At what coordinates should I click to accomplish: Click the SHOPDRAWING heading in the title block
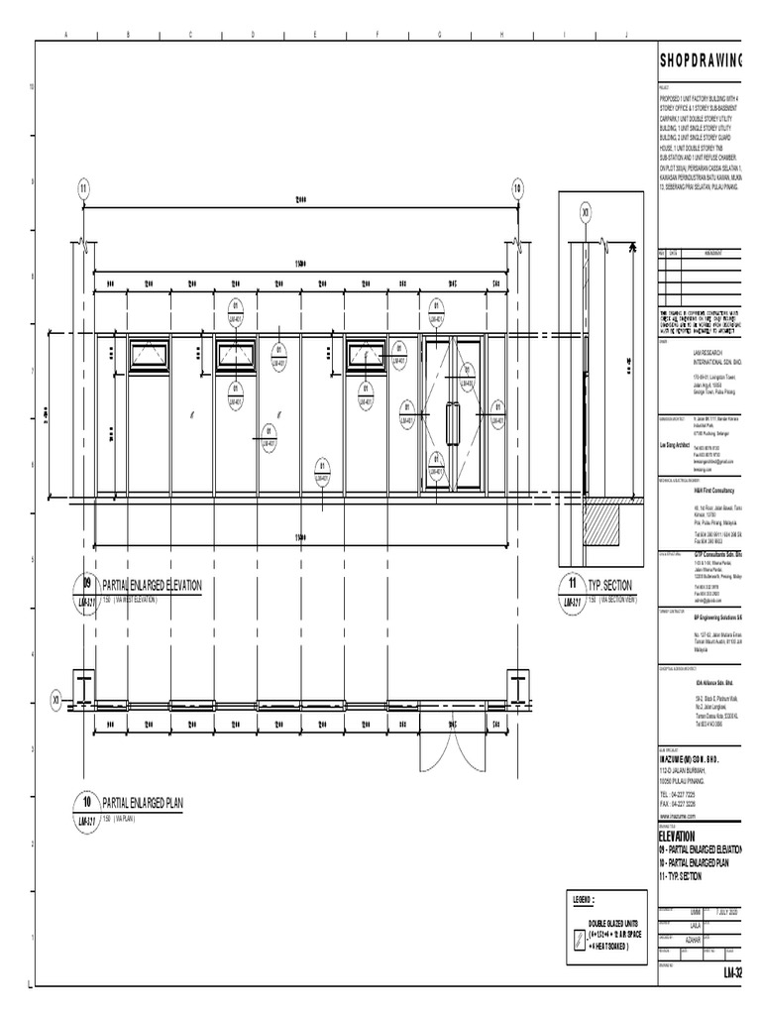point(708,61)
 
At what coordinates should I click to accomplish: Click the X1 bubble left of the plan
point(56,700)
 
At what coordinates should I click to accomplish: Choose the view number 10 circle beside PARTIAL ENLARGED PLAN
point(85,801)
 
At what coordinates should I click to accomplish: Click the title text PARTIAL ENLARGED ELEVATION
point(152,586)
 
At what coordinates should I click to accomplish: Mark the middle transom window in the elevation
point(236,355)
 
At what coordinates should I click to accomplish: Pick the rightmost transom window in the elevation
point(367,355)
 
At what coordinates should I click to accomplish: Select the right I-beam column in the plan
point(519,687)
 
